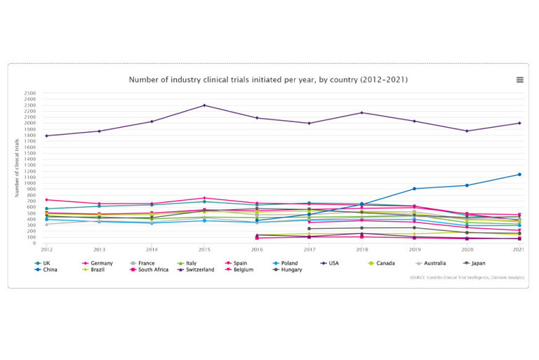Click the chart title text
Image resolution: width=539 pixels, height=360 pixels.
(268, 80)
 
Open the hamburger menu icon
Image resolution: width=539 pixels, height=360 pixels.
(519, 80)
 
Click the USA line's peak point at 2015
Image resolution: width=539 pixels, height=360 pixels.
(204, 105)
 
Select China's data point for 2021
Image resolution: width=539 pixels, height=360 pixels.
(519, 174)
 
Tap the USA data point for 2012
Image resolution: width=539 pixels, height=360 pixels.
(46, 135)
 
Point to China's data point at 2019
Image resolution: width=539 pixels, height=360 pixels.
(414, 188)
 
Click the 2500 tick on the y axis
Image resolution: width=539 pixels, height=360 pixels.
(30, 93)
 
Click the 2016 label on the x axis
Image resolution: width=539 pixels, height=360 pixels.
(256, 249)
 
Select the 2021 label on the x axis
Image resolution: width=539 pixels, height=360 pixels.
(519, 249)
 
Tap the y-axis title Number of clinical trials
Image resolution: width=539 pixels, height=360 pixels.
(16, 168)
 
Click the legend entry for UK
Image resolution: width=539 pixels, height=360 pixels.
(46, 262)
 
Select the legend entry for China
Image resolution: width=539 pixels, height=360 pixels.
(51, 269)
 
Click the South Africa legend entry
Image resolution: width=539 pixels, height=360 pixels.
(153, 269)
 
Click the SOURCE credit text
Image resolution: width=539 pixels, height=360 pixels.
(466, 277)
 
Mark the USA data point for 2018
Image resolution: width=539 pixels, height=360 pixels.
(361, 113)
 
